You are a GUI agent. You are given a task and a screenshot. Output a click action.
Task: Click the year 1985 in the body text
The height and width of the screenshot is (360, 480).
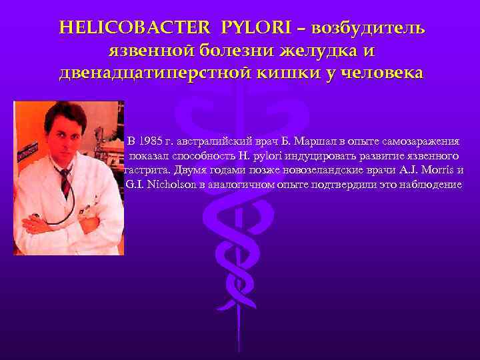tap(152, 141)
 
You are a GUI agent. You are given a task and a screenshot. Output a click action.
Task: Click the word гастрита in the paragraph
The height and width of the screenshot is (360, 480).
tap(145, 170)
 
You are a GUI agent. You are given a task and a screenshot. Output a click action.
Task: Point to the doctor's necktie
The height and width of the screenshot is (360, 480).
tap(66, 183)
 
